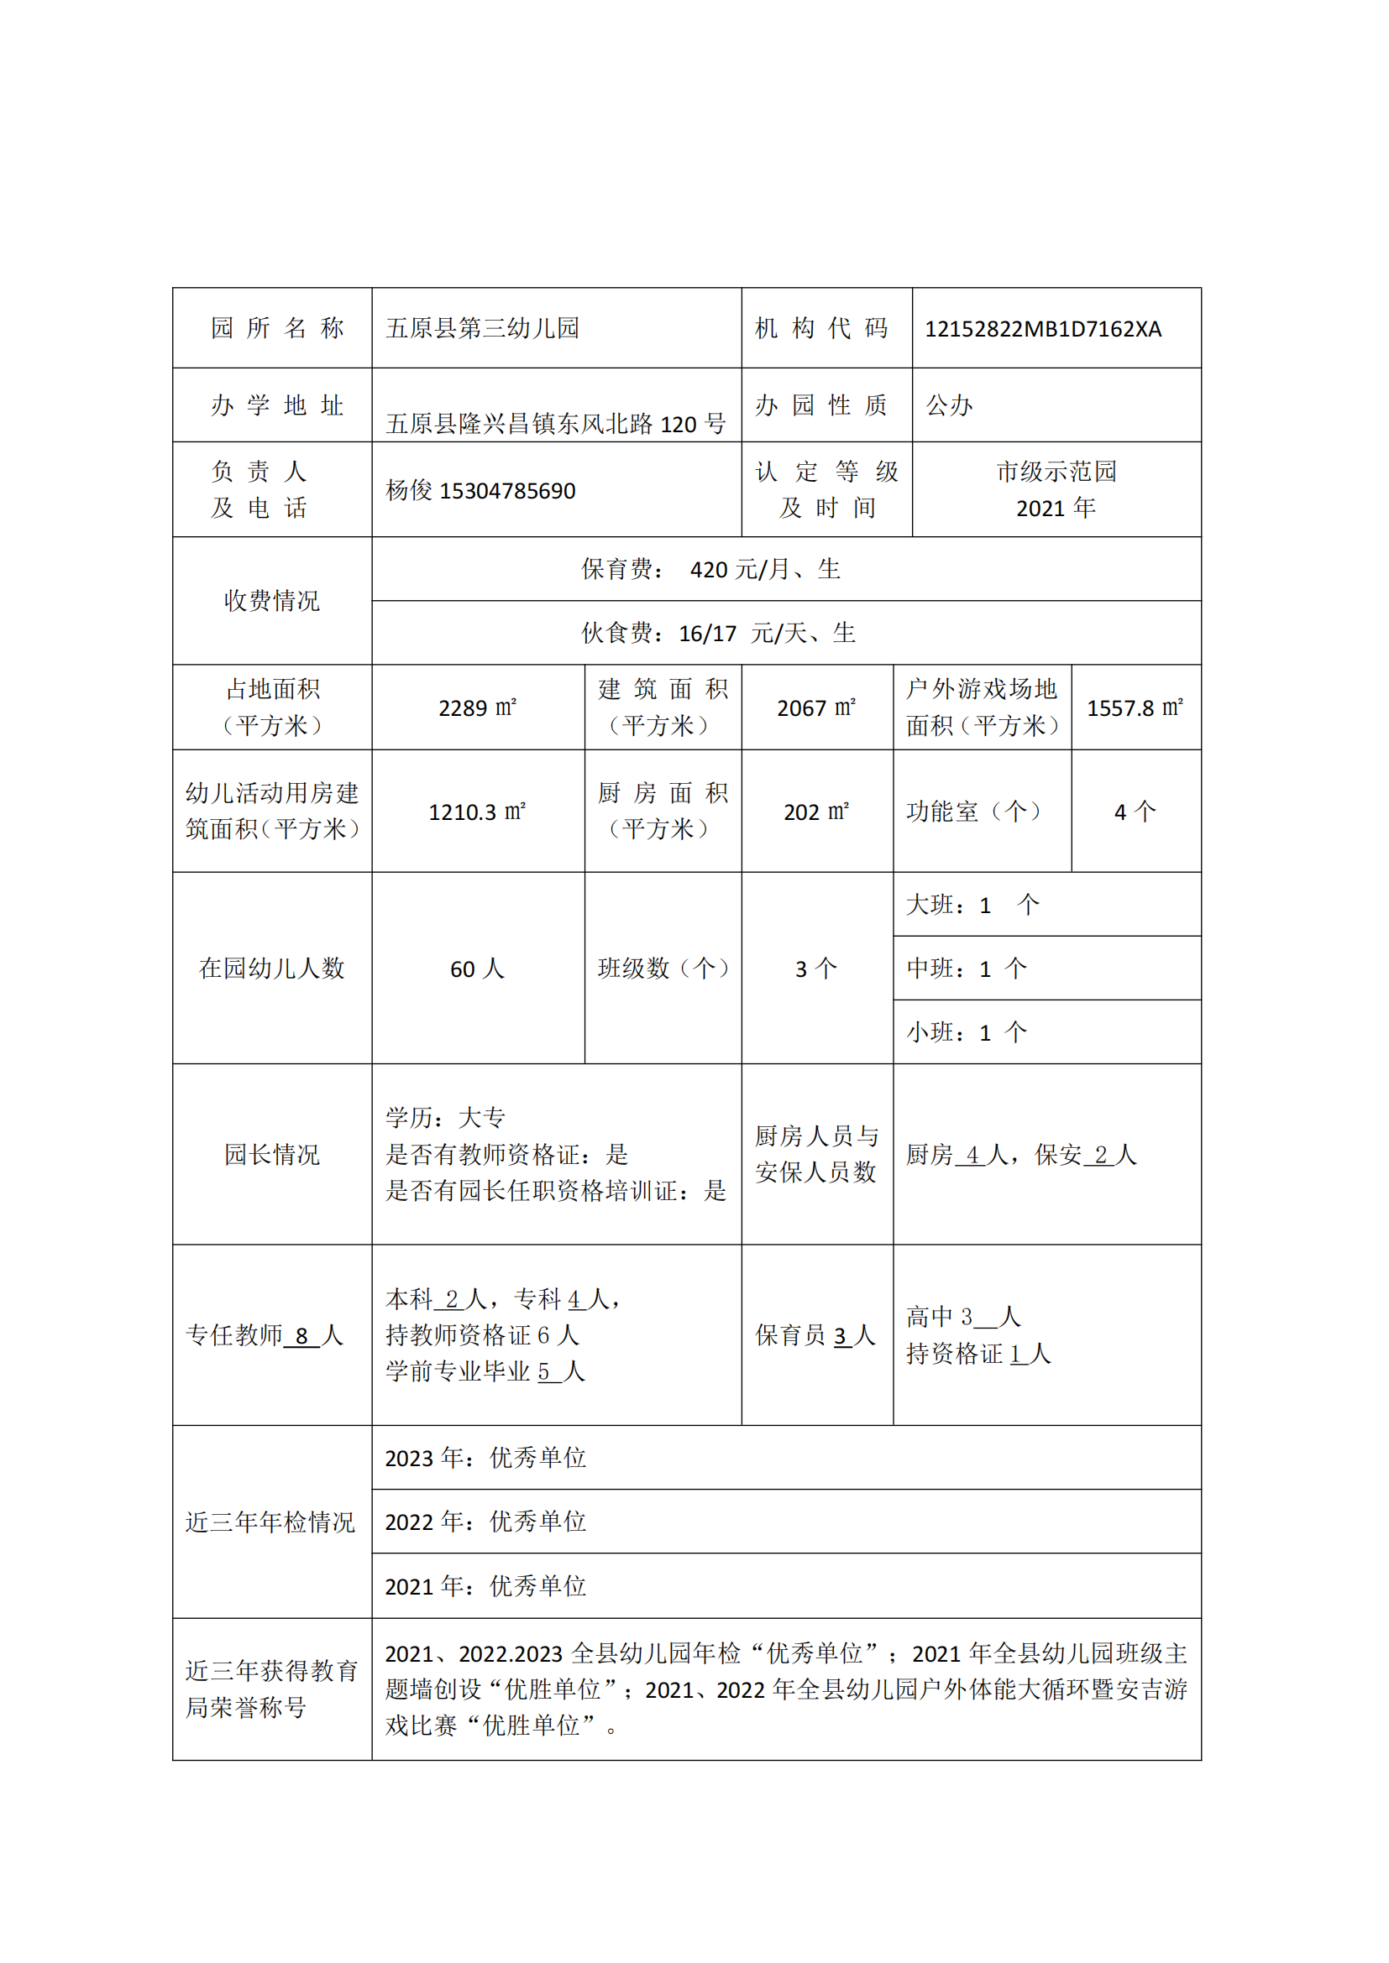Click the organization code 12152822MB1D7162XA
pos(1043,329)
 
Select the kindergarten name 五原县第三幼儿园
pos(482,328)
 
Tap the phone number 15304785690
pos(507,491)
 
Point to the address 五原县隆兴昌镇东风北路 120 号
pos(556,423)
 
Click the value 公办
pos(950,405)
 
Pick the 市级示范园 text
pos(1056,471)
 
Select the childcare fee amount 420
pos(708,569)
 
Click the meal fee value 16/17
pos(707,634)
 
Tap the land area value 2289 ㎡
pos(477,708)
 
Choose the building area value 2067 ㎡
pos(816,708)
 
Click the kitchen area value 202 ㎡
pos(816,812)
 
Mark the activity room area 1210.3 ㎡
pos(477,812)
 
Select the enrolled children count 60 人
pos(477,968)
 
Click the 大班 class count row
pos(972,905)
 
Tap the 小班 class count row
pos(967,1033)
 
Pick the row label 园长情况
pos(272,1154)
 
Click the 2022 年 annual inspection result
pos(485,1521)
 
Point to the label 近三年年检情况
pos(270,1522)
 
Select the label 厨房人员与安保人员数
pos(816,1154)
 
